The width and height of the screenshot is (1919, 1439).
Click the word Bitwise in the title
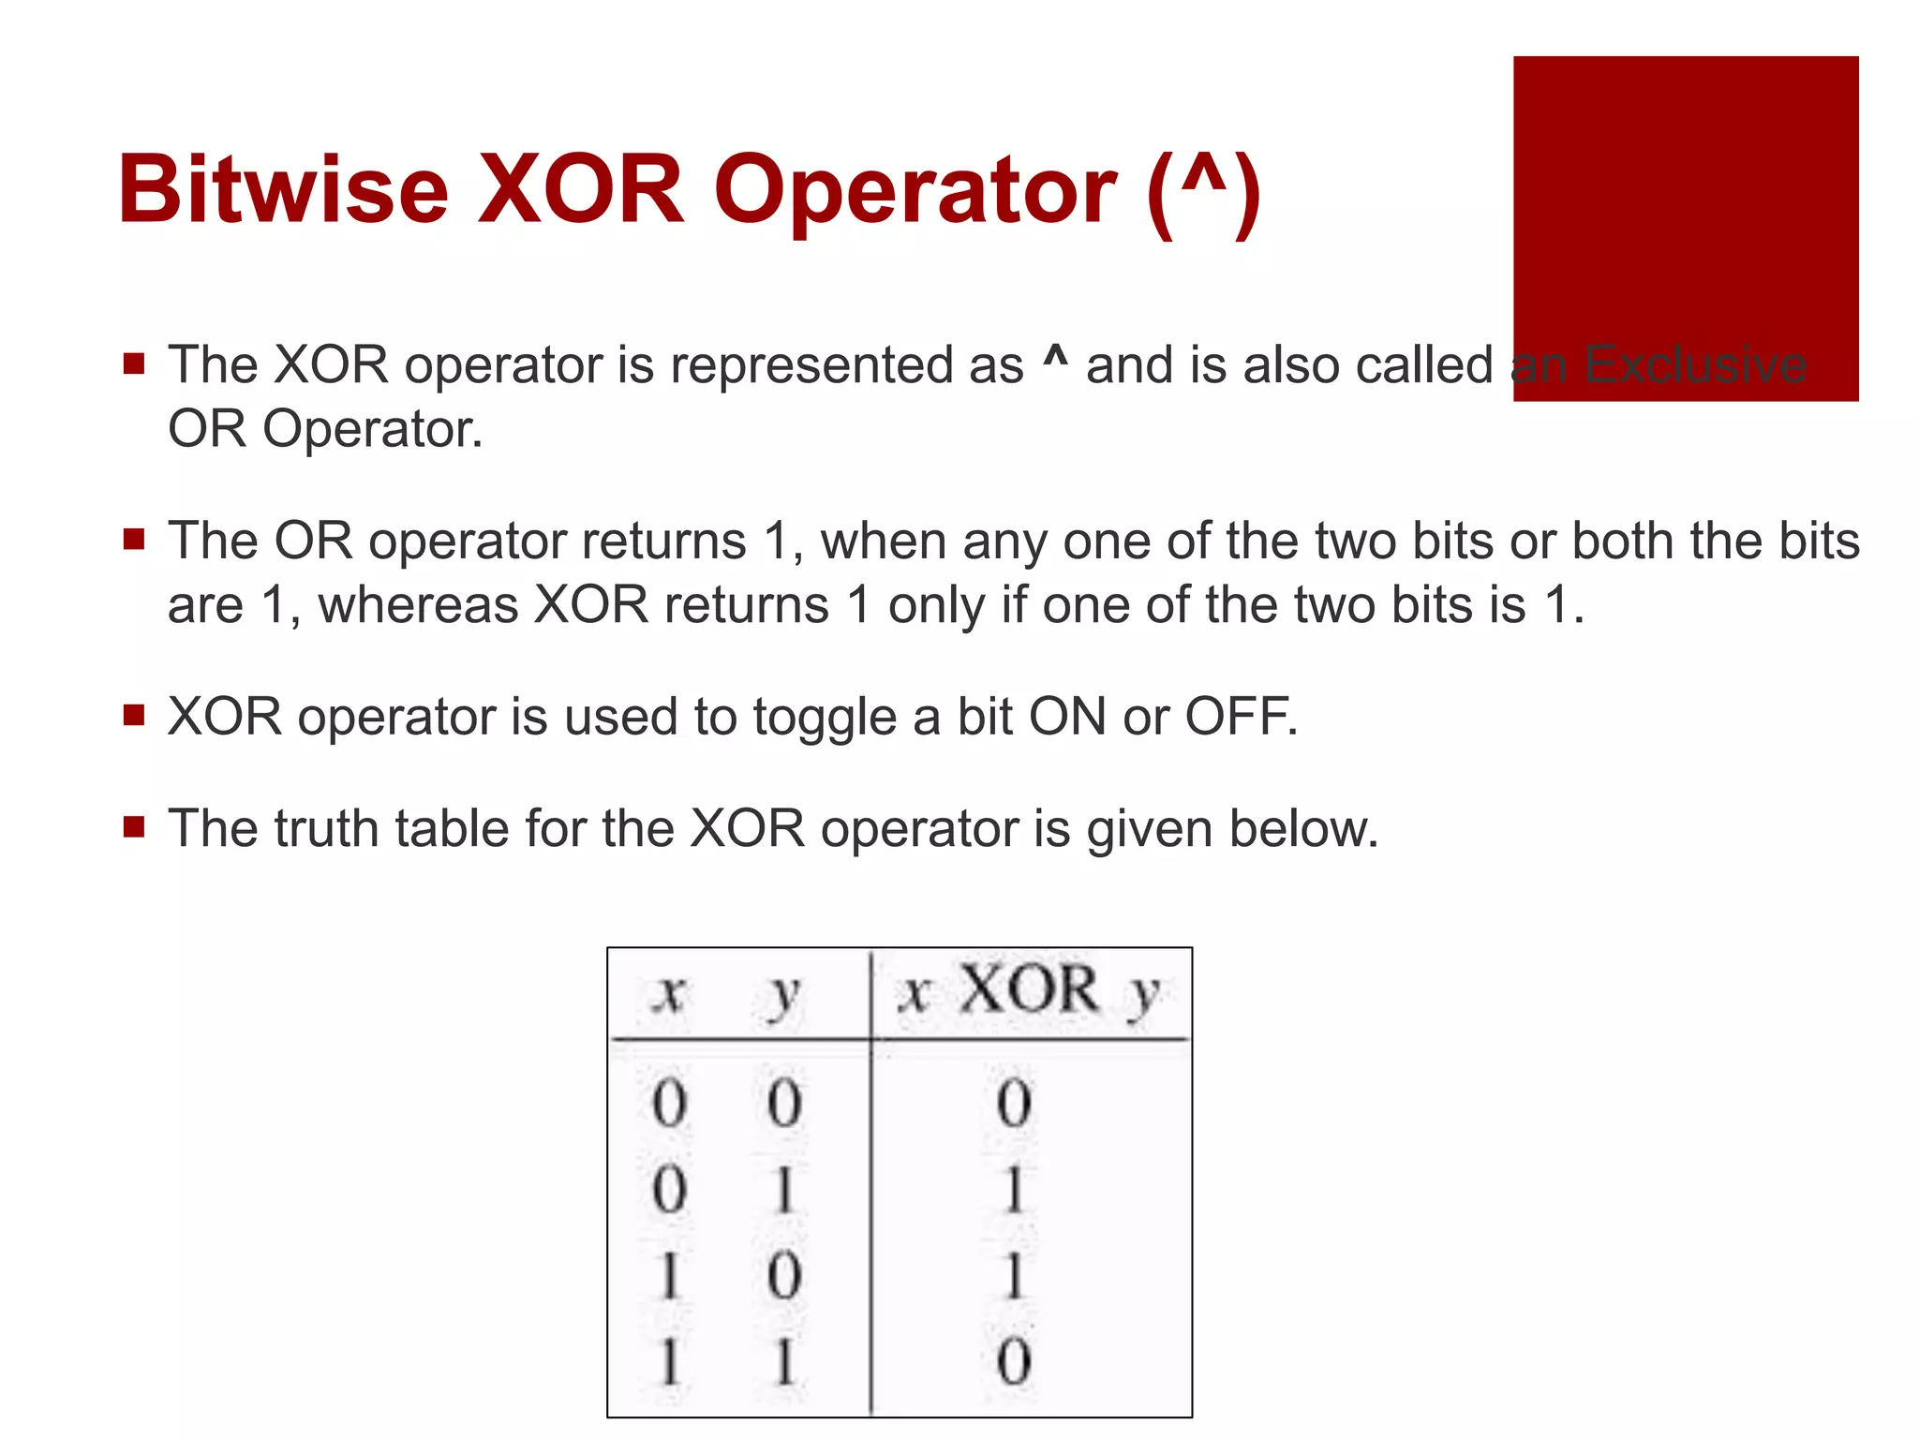click(283, 190)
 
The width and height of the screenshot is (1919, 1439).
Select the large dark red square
click(1685, 228)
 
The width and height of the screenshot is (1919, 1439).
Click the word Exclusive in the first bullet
click(1695, 364)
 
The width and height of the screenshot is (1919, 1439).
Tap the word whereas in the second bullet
click(418, 605)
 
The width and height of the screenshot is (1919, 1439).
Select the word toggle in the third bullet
click(825, 719)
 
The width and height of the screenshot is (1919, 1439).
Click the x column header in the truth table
click(669, 993)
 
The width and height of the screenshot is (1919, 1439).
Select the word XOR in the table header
click(1029, 989)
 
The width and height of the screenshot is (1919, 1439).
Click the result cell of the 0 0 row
click(1014, 1103)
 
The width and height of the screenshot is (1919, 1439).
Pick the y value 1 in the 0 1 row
click(784, 1191)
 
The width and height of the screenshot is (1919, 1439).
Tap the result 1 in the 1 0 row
click(1014, 1276)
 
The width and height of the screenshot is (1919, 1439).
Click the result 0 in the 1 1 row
click(1014, 1361)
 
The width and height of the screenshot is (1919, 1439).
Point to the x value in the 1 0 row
click(669, 1276)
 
